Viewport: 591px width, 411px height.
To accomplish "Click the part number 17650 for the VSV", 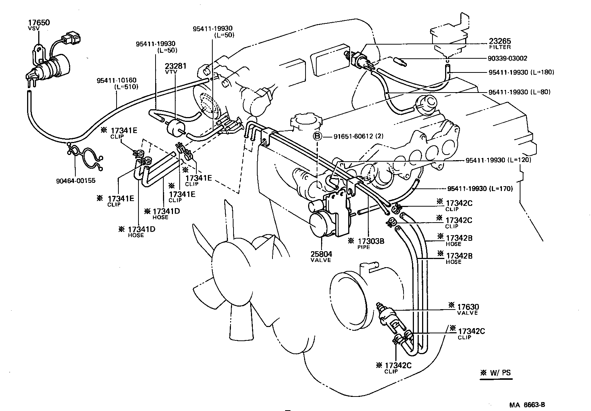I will point(39,23).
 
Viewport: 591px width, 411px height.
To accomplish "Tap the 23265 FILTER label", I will point(499,44).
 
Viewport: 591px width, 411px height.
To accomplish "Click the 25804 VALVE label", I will point(321,257).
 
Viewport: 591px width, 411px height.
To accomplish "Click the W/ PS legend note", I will point(496,373).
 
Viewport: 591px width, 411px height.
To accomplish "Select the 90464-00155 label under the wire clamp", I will point(76,181).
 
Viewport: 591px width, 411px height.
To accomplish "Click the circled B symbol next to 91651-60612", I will point(317,136).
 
